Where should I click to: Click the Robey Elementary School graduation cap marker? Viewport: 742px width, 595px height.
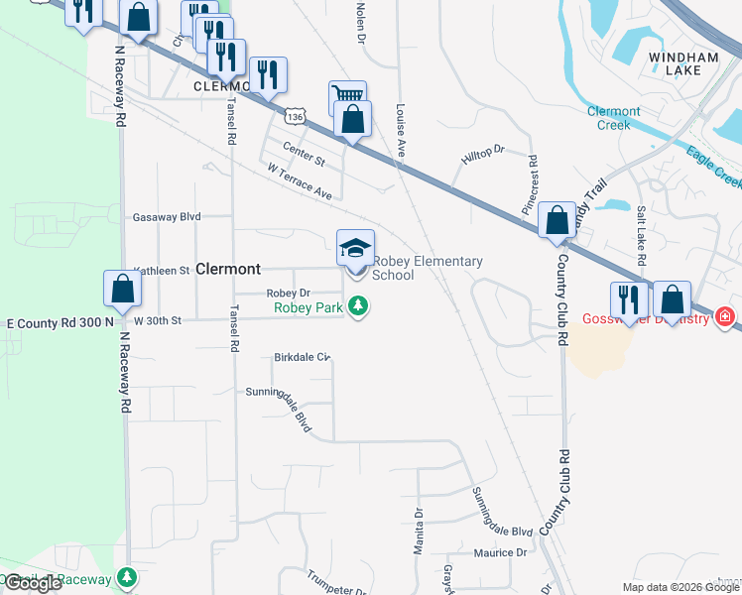pos(355,247)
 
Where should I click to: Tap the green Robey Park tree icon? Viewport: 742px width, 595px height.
pos(364,308)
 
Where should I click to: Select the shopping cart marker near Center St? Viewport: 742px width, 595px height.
pos(347,97)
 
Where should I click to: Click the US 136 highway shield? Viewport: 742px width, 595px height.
pos(294,116)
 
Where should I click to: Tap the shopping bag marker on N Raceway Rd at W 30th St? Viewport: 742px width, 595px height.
pos(123,289)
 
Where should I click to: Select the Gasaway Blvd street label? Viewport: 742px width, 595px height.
pos(167,216)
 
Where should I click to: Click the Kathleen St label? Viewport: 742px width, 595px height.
pos(161,270)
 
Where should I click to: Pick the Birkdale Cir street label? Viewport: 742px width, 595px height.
pos(302,357)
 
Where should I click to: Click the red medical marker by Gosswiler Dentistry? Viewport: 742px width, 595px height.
pos(726,317)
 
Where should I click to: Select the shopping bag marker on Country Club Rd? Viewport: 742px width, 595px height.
pos(557,220)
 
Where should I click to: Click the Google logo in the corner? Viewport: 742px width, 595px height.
pos(33,583)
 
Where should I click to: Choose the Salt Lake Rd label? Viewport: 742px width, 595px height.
pos(642,235)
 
